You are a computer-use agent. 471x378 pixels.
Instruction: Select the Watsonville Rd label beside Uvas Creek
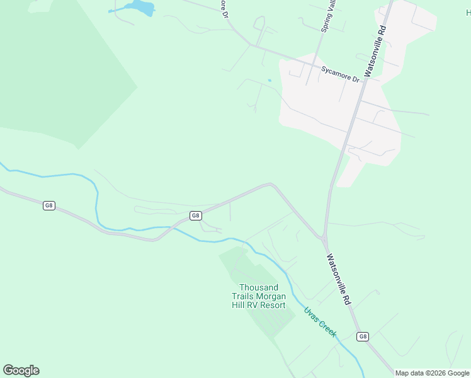point(338,279)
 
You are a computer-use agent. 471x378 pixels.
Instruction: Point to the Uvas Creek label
point(321,321)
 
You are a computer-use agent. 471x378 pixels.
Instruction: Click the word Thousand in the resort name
point(259,288)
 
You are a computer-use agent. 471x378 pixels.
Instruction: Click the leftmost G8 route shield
point(49,205)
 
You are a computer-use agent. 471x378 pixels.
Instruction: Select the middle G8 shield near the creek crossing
point(196,215)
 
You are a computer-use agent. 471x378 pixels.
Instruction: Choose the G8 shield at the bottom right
point(363,336)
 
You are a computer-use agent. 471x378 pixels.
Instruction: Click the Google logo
point(21,370)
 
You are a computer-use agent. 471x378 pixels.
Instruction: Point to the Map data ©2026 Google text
point(432,373)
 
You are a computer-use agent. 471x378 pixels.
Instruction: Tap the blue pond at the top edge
point(140,8)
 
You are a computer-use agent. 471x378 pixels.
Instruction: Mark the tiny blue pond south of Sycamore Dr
point(270,80)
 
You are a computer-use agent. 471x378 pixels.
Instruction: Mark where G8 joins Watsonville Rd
point(324,239)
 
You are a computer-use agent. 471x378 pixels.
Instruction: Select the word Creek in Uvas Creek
point(327,328)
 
